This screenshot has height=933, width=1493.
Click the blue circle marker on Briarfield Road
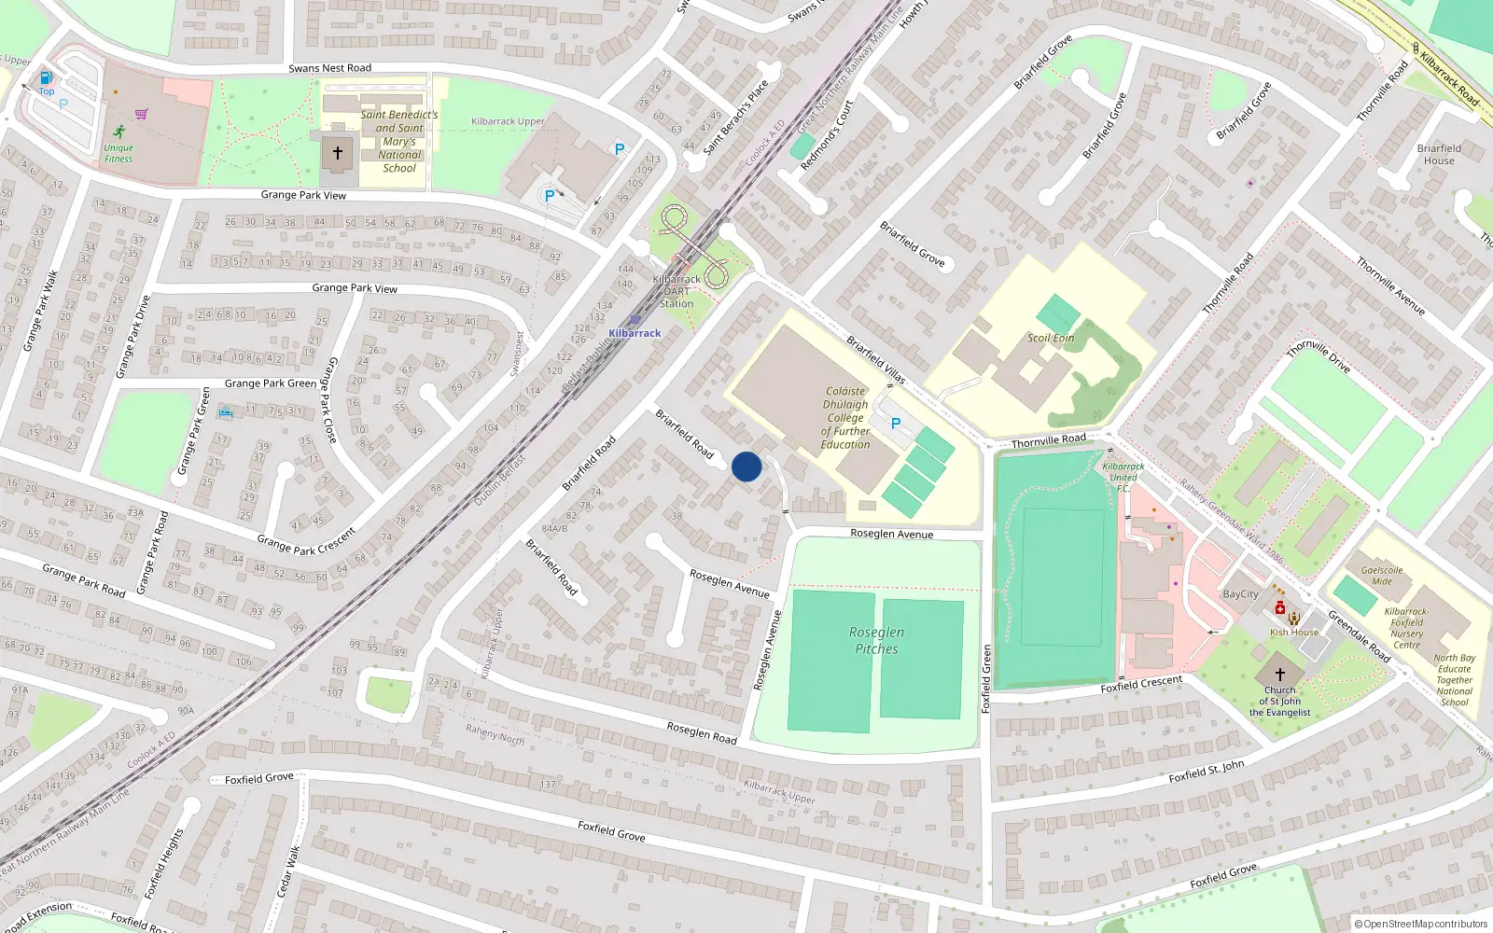[x=746, y=466]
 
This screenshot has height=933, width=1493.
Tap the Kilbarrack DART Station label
[x=677, y=291]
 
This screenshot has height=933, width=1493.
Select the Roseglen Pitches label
[x=876, y=640]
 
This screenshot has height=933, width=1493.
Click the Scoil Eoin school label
[x=1051, y=338]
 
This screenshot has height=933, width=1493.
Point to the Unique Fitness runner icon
[x=119, y=132]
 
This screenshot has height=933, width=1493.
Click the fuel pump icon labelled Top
[x=46, y=78]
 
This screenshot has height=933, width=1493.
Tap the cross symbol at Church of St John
[x=1280, y=674]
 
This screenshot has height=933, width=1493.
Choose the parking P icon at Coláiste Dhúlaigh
[x=896, y=424]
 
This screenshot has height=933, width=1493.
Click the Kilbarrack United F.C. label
[x=1123, y=477]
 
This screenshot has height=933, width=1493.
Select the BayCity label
[x=1240, y=594]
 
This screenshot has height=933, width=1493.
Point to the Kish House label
[x=1294, y=633]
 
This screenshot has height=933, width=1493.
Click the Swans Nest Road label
[x=329, y=68]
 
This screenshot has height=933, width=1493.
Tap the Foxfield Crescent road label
[x=1141, y=684]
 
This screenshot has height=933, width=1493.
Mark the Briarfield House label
[x=1439, y=154]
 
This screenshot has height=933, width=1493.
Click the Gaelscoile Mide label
[x=1382, y=576]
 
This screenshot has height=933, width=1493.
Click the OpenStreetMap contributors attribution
[x=1421, y=924]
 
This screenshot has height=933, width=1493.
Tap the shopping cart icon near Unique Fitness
[x=141, y=114]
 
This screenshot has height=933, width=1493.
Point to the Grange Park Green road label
[x=271, y=383]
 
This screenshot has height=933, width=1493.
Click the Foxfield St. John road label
[x=1207, y=771]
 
